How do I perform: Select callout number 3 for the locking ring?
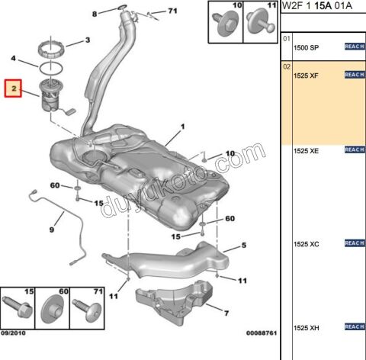(x=87, y=40)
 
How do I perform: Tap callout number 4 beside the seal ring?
(x=13, y=58)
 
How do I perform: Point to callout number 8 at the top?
(x=94, y=14)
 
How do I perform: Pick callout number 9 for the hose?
(x=51, y=229)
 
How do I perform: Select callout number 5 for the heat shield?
(x=244, y=245)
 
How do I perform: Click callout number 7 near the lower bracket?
(x=226, y=312)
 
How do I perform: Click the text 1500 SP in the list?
(x=307, y=47)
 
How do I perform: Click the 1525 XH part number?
(x=307, y=327)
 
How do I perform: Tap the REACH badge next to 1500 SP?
(x=355, y=47)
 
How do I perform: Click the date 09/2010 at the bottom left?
(x=14, y=333)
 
